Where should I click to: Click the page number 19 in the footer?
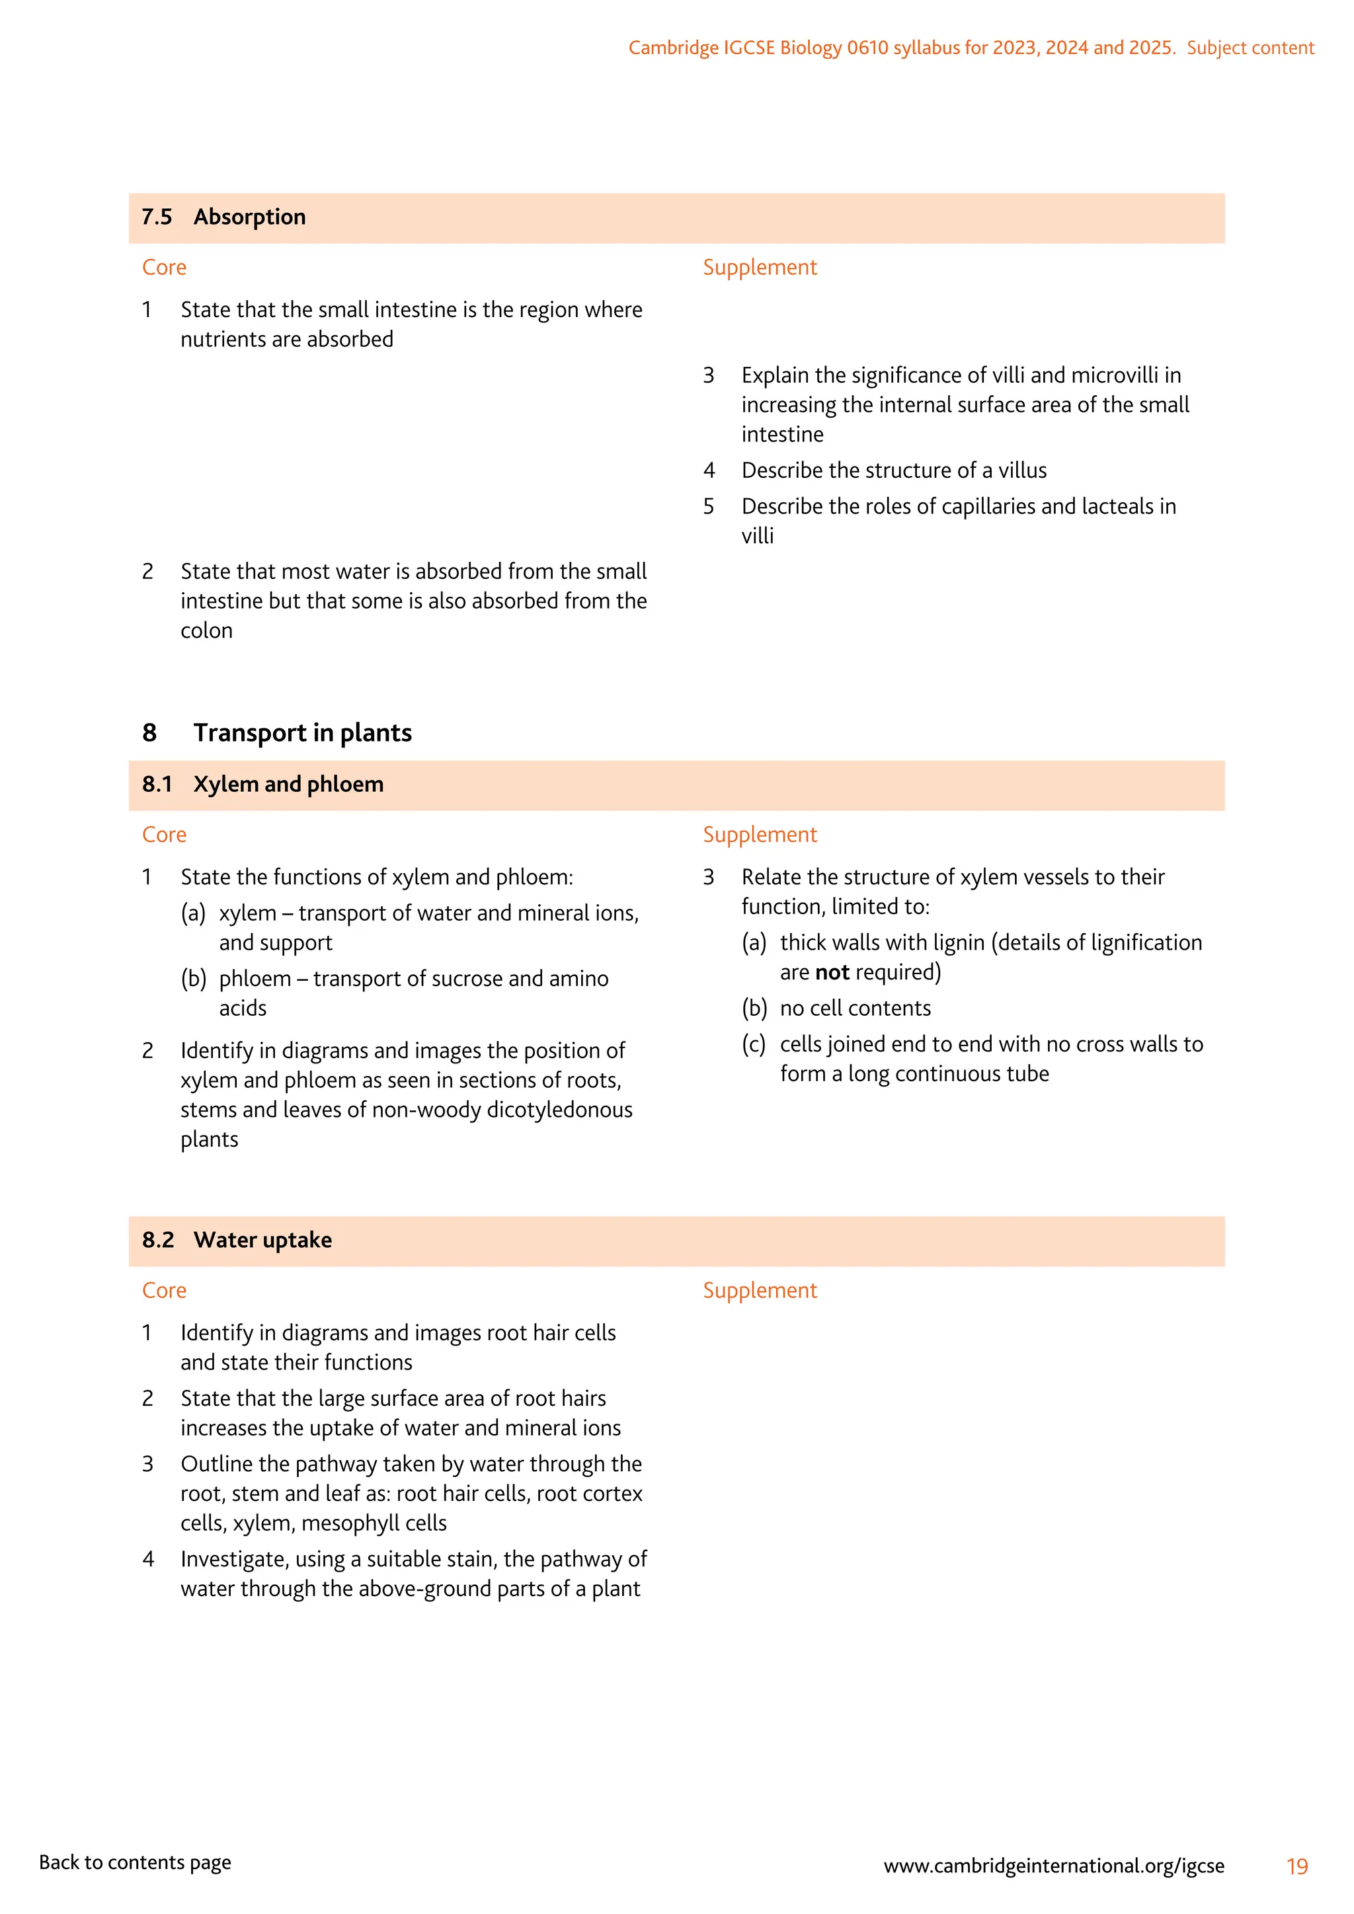click(x=1296, y=1866)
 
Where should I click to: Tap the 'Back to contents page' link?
click(x=135, y=1862)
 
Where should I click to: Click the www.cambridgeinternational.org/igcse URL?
click(x=1054, y=1866)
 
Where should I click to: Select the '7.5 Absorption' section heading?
click(x=223, y=217)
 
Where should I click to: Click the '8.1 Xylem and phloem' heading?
click(x=262, y=785)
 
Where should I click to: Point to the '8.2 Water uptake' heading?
click(x=237, y=1241)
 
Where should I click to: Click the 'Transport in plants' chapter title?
click(x=302, y=733)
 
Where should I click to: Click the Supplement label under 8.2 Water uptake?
click(x=760, y=1291)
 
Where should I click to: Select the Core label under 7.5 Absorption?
click(x=164, y=268)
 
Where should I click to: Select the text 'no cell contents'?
click(x=855, y=1009)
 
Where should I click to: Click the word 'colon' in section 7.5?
click(x=207, y=631)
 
